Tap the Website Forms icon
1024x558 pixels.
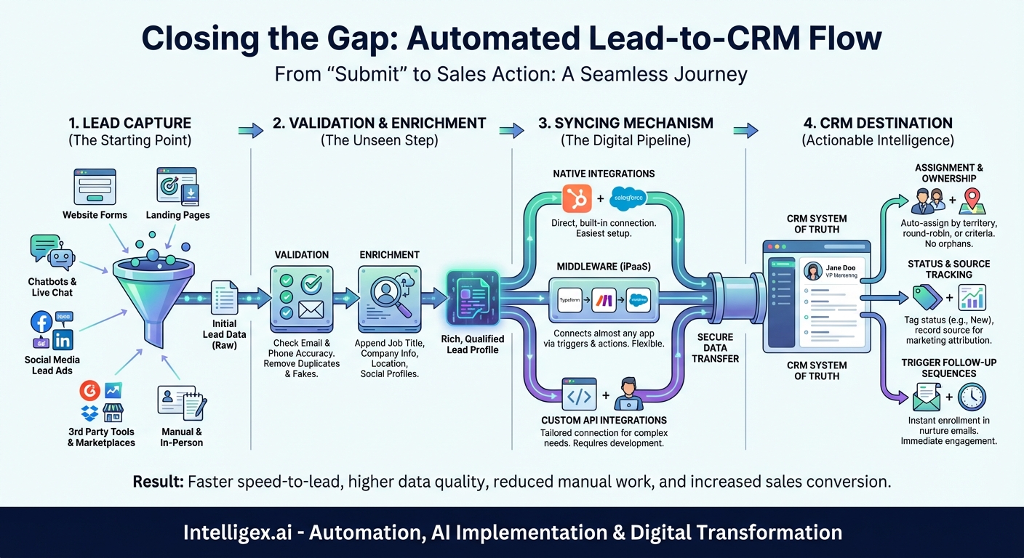pyautogui.click(x=95, y=187)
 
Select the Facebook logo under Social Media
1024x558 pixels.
pyautogui.click(x=41, y=321)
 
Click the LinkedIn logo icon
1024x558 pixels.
pyautogui.click(x=63, y=339)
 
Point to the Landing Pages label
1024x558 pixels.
pyautogui.click(x=177, y=215)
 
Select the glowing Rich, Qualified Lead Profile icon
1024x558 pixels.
pyautogui.click(x=473, y=299)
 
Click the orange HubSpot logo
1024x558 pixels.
pyautogui.click(x=578, y=198)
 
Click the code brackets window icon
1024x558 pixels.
pyautogui.click(x=579, y=395)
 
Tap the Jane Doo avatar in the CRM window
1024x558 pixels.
pyautogui.click(x=812, y=271)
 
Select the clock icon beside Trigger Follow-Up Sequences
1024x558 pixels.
pyautogui.click(x=972, y=397)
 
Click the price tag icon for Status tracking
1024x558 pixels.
pyautogui.click(x=921, y=297)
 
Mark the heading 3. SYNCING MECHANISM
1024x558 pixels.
pyautogui.click(x=625, y=123)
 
